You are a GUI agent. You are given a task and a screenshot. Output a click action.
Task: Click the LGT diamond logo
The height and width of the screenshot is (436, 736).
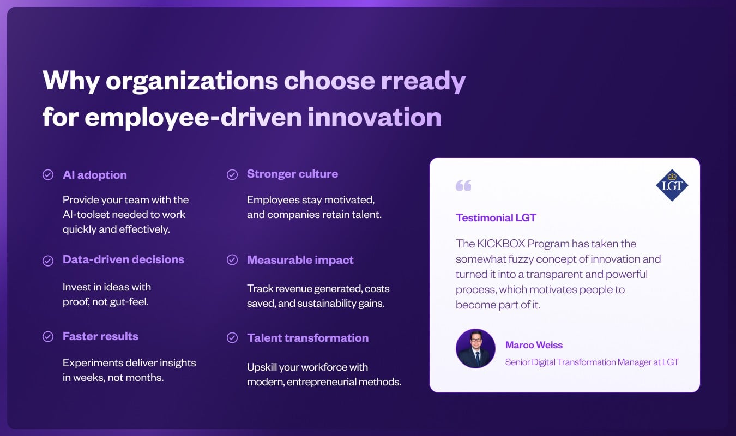point(672,185)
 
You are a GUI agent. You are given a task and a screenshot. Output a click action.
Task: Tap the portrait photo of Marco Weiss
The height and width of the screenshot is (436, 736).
point(475,348)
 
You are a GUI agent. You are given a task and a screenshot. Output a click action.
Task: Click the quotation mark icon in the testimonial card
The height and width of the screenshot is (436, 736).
point(463,185)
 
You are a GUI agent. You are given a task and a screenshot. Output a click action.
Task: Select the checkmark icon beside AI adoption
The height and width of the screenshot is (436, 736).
point(48,175)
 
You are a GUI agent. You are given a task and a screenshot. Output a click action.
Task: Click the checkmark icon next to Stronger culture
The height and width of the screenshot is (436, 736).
point(232,175)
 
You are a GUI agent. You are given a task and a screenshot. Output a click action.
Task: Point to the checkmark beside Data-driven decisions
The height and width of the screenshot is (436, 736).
point(48,261)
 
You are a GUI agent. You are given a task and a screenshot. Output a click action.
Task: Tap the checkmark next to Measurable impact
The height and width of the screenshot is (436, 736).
point(232,260)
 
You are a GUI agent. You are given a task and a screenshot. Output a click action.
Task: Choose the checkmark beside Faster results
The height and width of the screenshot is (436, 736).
point(48,336)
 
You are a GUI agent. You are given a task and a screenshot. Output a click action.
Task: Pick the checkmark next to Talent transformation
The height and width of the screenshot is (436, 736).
point(232,338)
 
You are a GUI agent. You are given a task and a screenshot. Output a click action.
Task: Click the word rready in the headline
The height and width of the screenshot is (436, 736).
point(423,81)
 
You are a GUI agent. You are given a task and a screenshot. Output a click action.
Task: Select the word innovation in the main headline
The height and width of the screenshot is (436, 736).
point(375,117)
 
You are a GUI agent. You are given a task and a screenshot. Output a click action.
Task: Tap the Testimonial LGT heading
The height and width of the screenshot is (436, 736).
point(496,217)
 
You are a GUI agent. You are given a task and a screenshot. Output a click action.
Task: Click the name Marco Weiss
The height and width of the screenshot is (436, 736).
point(534,345)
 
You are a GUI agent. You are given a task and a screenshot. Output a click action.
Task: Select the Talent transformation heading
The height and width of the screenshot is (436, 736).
point(308,338)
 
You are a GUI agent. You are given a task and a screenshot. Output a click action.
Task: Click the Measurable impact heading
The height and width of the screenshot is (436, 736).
point(300,260)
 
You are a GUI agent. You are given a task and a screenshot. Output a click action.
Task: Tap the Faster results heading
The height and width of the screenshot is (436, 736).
point(100,336)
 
